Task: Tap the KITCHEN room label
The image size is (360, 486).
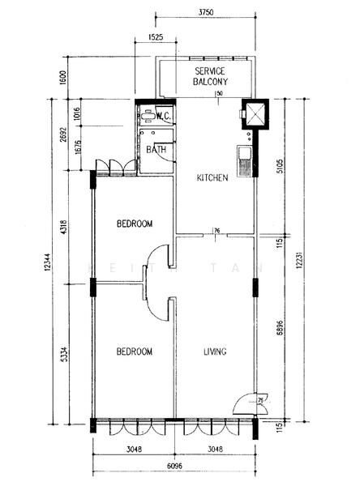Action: pyautogui.click(x=214, y=177)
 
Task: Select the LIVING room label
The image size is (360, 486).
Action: pyautogui.click(x=214, y=352)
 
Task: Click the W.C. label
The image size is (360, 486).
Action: pyautogui.click(x=161, y=117)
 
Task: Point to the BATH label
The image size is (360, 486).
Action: pyautogui.click(x=156, y=150)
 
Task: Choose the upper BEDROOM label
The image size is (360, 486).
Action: pyautogui.click(x=134, y=224)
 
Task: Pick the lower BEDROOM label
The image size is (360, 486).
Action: pyautogui.click(x=134, y=352)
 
